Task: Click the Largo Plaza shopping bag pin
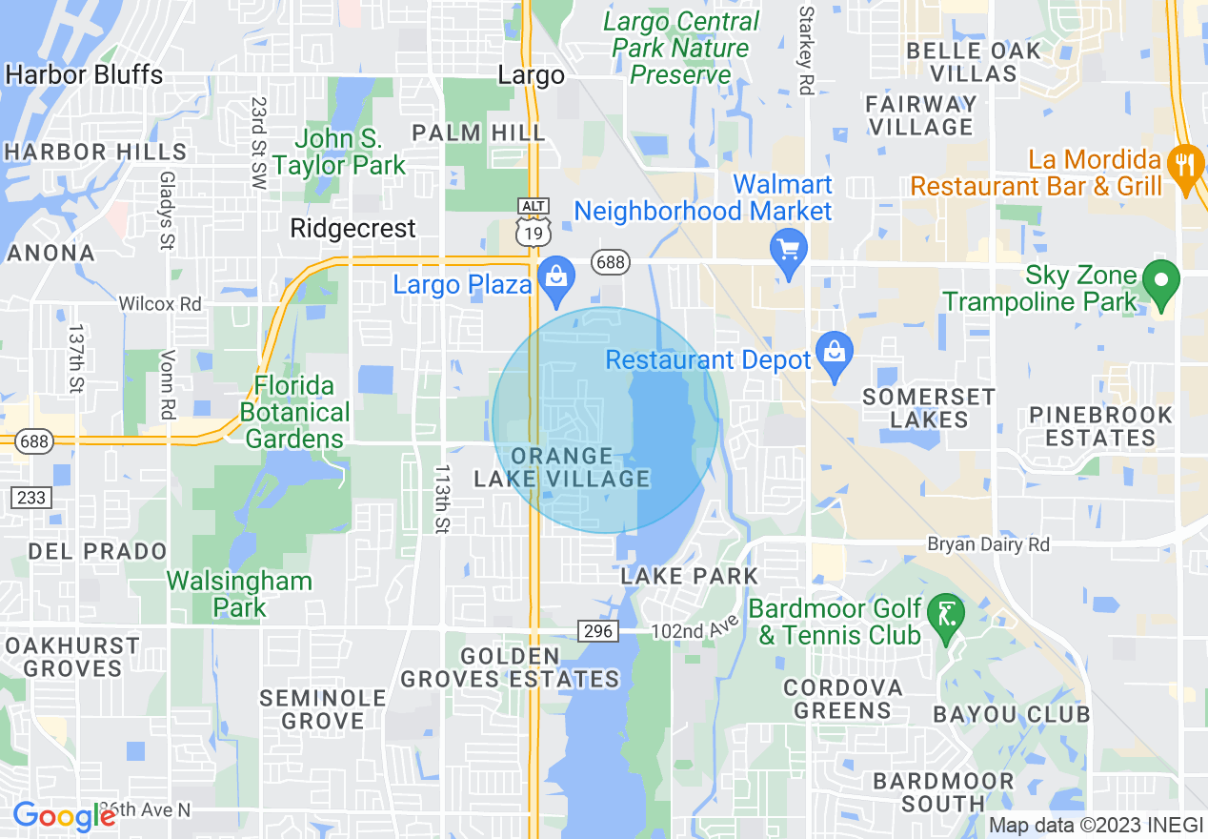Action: click(554, 277)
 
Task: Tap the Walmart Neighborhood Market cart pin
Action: click(788, 250)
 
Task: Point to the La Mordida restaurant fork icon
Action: click(1185, 164)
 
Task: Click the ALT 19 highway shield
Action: click(532, 220)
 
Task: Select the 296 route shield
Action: click(598, 631)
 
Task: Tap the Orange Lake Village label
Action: click(562, 467)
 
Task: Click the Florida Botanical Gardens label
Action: click(295, 412)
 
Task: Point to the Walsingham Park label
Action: click(239, 593)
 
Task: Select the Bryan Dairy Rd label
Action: click(989, 544)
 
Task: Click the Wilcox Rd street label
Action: click(160, 303)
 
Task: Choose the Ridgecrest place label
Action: click(352, 229)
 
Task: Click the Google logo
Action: click(64, 815)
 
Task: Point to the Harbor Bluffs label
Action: click(84, 74)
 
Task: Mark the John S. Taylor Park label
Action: click(339, 152)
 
